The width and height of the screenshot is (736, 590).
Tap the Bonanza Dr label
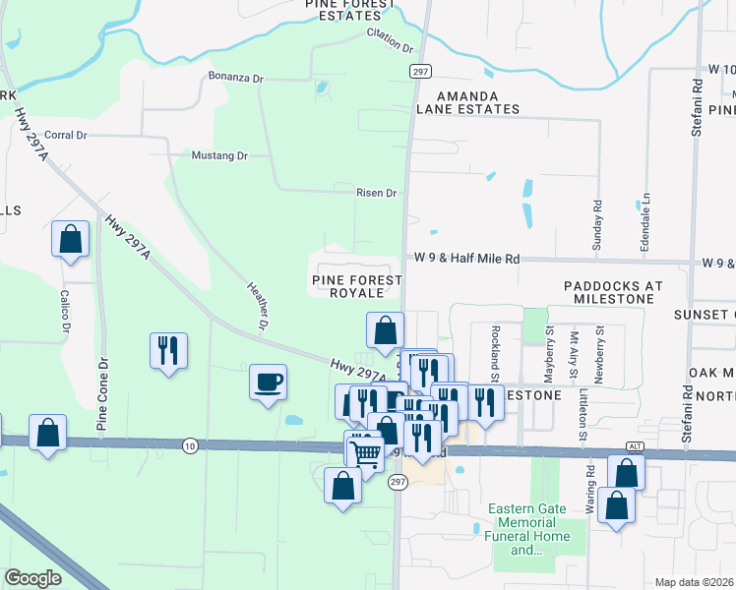[237, 77]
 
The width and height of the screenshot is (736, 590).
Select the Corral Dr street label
[67, 135]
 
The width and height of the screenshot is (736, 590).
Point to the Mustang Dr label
[219, 155]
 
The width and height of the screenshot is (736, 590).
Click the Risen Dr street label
[376, 193]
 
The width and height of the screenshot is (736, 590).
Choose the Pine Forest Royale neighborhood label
[357, 286]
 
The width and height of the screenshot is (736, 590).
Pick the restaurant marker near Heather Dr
[168, 349]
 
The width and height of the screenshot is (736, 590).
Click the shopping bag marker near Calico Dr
[71, 238]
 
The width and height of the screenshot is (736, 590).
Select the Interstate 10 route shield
[190, 446]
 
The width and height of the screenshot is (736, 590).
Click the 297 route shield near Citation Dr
[420, 72]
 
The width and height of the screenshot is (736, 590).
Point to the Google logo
[33, 578]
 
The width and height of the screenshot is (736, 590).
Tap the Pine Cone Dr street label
[101, 394]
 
